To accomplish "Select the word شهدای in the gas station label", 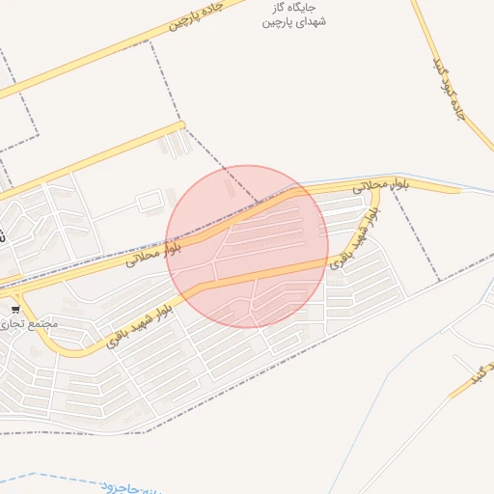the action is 311,21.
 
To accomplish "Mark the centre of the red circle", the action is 247,246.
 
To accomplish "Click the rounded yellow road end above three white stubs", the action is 180,124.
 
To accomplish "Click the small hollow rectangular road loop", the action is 149,202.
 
